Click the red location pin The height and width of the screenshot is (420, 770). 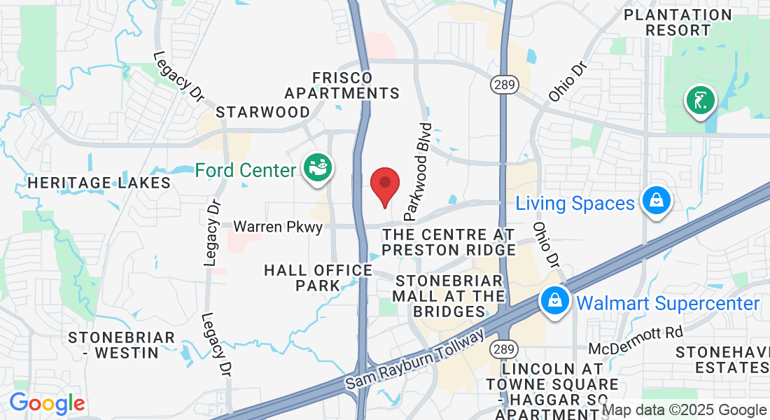click(x=384, y=185)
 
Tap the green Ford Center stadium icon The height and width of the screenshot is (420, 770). click(x=318, y=168)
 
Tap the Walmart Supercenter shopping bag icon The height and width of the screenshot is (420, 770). click(x=554, y=302)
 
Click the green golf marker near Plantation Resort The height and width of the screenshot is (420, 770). click(x=700, y=100)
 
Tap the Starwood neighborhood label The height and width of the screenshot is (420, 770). click(x=262, y=112)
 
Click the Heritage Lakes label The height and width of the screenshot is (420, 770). click(x=99, y=183)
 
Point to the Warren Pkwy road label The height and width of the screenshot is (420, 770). click(x=278, y=227)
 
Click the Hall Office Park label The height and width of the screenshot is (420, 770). click(x=318, y=277)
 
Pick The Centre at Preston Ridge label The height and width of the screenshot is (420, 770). click(x=449, y=242)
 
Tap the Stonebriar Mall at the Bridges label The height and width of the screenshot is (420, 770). click(x=449, y=296)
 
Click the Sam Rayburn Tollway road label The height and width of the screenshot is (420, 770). click(x=414, y=360)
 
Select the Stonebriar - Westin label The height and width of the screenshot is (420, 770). click(x=122, y=345)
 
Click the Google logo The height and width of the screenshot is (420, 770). click(x=47, y=404)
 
